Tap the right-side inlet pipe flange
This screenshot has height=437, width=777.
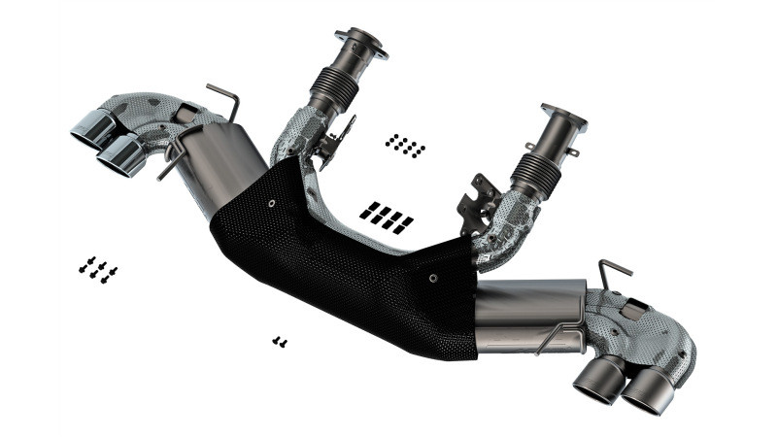click(x=563, y=117)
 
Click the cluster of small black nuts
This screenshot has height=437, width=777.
click(x=404, y=146)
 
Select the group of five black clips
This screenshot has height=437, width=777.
click(x=386, y=217)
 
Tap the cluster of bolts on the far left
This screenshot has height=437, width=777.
click(x=98, y=268)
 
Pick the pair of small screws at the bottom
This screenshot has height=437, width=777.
click(x=280, y=341)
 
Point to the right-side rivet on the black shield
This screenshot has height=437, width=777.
click(x=433, y=276)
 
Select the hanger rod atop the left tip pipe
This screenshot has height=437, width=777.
click(x=223, y=97)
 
